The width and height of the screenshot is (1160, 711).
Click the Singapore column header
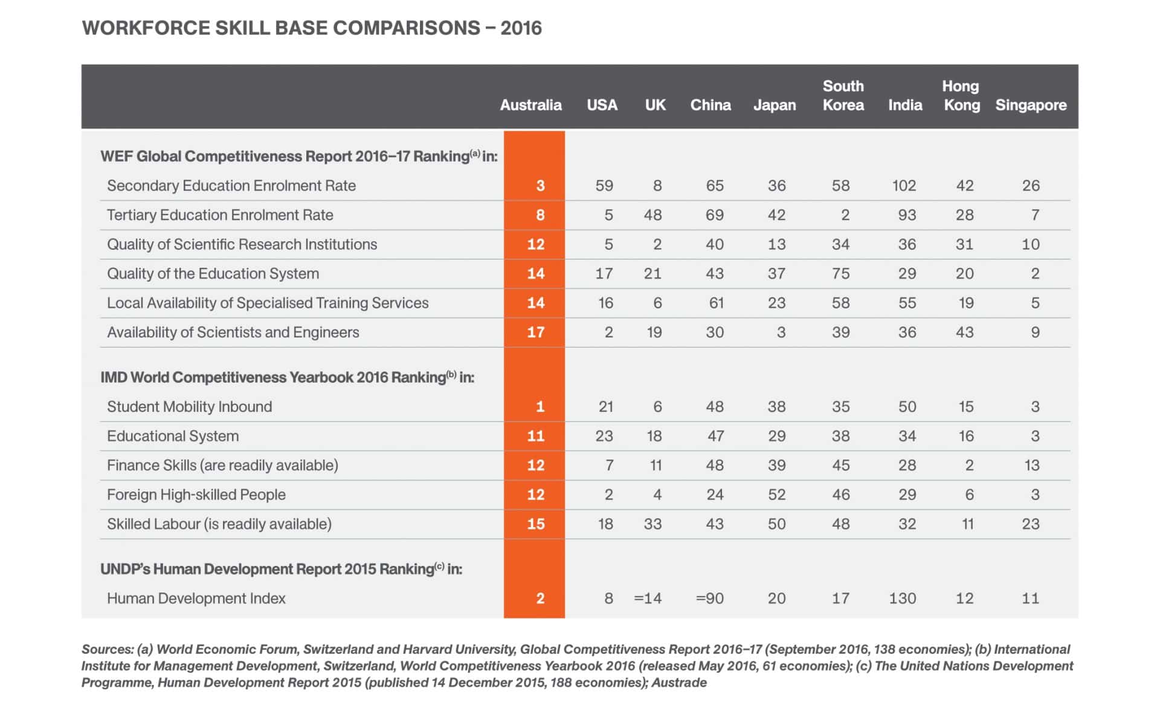(x=1031, y=105)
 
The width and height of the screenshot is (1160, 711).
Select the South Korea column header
(x=843, y=96)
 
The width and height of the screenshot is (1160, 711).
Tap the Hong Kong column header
(x=962, y=96)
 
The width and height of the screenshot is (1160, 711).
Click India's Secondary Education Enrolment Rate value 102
(x=904, y=186)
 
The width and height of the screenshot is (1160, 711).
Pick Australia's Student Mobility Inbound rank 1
(x=540, y=407)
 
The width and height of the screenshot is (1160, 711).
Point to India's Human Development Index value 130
(x=903, y=599)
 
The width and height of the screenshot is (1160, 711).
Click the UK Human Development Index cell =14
(x=648, y=599)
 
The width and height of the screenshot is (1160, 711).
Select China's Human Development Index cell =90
(x=710, y=599)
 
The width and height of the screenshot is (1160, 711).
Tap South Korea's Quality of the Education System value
(x=841, y=274)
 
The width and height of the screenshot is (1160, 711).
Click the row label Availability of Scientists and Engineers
(x=233, y=333)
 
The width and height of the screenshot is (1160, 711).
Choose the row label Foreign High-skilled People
(x=196, y=495)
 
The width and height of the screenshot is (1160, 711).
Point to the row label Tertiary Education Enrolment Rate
(x=220, y=215)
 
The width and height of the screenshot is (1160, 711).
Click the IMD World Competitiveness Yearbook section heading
(x=287, y=377)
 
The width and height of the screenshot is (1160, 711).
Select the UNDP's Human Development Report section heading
(x=281, y=569)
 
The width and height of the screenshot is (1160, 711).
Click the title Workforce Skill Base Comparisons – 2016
(x=312, y=28)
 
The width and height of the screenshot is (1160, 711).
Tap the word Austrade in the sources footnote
(x=679, y=683)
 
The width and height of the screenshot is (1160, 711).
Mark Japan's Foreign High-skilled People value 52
(x=777, y=495)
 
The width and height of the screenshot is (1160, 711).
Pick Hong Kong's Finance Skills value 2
(x=969, y=466)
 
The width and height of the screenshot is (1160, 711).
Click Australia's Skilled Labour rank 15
(x=536, y=524)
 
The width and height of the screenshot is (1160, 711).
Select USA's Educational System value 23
(x=604, y=436)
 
